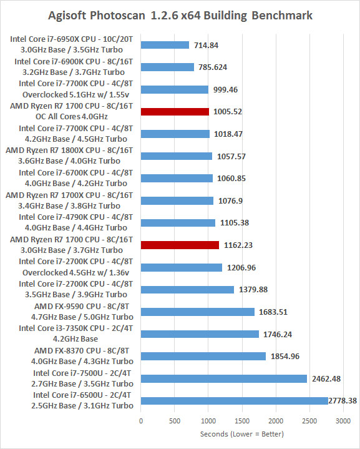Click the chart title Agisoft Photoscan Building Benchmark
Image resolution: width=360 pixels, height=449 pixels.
pyautogui.click(x=180, y=16)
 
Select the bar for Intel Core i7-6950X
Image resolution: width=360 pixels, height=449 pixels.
pyautogui.click(x=165, y=45)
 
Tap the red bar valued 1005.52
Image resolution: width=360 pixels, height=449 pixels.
pyautogui.click(x=175, y=112)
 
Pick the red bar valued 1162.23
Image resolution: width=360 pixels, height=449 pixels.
pyautogui.click(x=180, y=245)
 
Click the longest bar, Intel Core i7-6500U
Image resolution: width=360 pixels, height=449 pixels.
pyautogui.click(x=235, y=401)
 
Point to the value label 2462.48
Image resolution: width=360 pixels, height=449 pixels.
pyautogui.click(x=326, y=379)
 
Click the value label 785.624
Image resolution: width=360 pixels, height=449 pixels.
pyautogui.click(x=213, y=67)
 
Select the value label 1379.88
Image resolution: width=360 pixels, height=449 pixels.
pyautogui.click(x=253, y=290)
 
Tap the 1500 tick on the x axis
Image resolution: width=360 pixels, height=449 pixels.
pyautogui.click(x=242, y=421)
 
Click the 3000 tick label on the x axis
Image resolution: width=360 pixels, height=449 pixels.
pyautogui.click(x=343, y=421)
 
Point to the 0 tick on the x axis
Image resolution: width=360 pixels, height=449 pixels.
pyautogui.click(x=141, y=421)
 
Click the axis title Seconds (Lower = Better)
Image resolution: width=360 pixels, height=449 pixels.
pyautogui.click(x=242, y=434)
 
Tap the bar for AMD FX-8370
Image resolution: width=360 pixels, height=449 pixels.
pyautogui.click(x=203, y=356)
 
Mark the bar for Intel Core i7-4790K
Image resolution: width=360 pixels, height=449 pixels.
pyautogui.click(x=178, y=223)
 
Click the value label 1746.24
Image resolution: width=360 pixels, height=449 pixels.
pyautogui.click(x=278, y=334)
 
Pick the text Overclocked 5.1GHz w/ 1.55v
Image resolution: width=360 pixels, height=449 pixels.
pyautogui.click(x=76, y=94)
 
